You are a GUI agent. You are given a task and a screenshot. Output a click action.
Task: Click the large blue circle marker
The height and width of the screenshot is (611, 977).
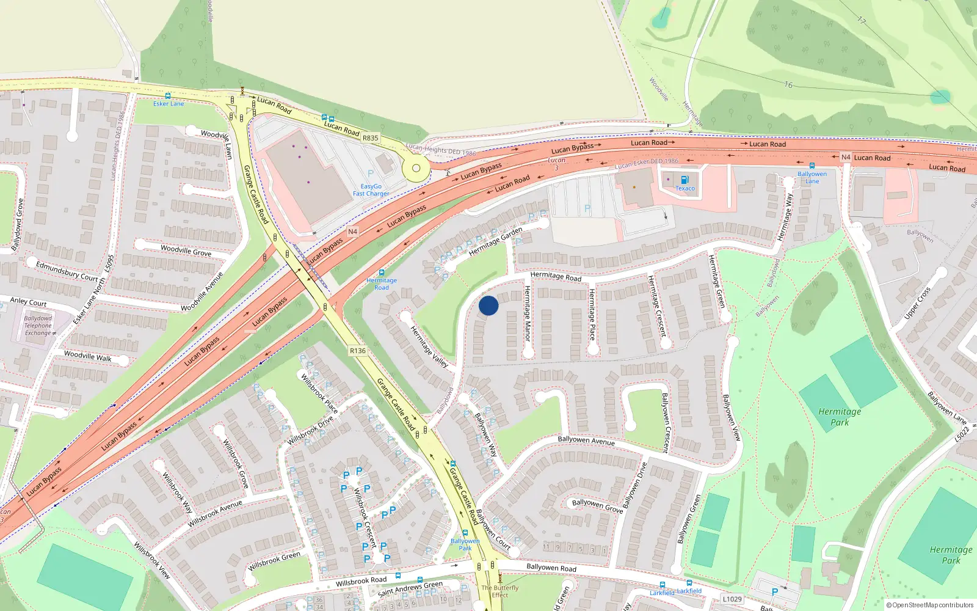pyautogui.click(x=488, y=305)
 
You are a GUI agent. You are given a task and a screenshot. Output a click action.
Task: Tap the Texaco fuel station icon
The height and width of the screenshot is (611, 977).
pyautogui.click(x=685, y=180)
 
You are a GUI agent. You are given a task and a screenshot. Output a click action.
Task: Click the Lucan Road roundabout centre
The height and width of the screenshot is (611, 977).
pyautogui.click(x=416, y=168)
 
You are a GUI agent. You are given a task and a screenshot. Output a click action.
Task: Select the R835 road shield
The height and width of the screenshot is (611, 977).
pyautogui.click(x=370, y=138)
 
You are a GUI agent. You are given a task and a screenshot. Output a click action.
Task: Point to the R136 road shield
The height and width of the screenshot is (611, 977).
pyautogui.click(x=358, y=351)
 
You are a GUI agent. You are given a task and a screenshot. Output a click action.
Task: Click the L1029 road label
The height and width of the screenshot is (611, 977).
pyautogui.click(x=732, y=599)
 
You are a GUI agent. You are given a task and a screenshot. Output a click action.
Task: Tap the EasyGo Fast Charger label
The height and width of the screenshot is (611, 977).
pyautogui.click(x=371, y=190)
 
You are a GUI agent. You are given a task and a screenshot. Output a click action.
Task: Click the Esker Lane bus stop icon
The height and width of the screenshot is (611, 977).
pyautogui.click(x=168, y=96)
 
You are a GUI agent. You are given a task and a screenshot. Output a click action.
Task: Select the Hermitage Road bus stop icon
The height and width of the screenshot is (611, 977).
pyautogui.click(x=382, y=273)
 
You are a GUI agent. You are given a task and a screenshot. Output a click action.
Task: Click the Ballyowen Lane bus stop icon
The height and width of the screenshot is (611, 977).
pyautogui.click(x=812, y=166)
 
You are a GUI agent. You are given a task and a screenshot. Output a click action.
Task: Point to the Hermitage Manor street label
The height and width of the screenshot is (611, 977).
pyautogui.click(x=528, y=313)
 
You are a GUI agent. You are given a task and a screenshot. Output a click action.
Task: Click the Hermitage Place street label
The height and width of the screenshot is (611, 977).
pyautogui.click(x=592, y=314)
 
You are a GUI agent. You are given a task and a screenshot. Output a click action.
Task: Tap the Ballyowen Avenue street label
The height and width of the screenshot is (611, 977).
pyautogui.click(x=586, y=441)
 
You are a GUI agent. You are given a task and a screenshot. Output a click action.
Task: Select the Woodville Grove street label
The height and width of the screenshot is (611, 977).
pyautogui.click(x=186, y=251)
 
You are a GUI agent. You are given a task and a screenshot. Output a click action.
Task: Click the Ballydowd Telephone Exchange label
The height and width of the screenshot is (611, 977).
pyautogui.click(x=38, y=326)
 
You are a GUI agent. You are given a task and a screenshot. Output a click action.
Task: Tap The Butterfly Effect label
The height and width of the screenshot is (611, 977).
pyautogui.click(x=499, y=591)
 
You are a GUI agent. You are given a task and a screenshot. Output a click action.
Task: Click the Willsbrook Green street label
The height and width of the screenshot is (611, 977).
pyautogui.click(x=274, y=561)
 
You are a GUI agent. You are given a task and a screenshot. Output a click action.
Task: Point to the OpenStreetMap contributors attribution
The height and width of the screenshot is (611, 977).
pyautogui.click(x=930, y=605)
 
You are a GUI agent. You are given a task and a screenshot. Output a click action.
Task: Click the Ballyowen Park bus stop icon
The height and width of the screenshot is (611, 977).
pyautogui.click(x=465, y=533)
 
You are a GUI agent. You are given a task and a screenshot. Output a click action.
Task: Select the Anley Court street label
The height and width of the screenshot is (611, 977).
pyautogui.click(x=28, y=302)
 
